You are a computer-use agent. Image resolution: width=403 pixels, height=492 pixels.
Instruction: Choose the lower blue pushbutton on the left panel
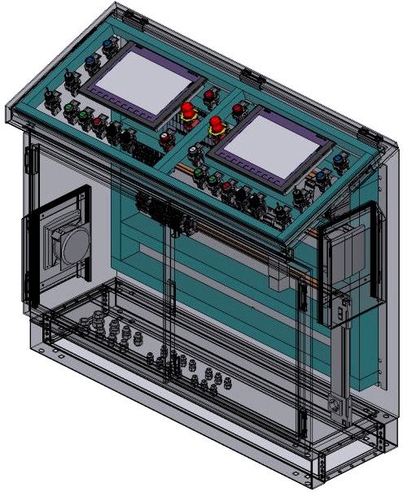(90, 59)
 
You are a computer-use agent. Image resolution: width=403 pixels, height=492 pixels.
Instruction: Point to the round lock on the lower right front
(332, 404)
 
